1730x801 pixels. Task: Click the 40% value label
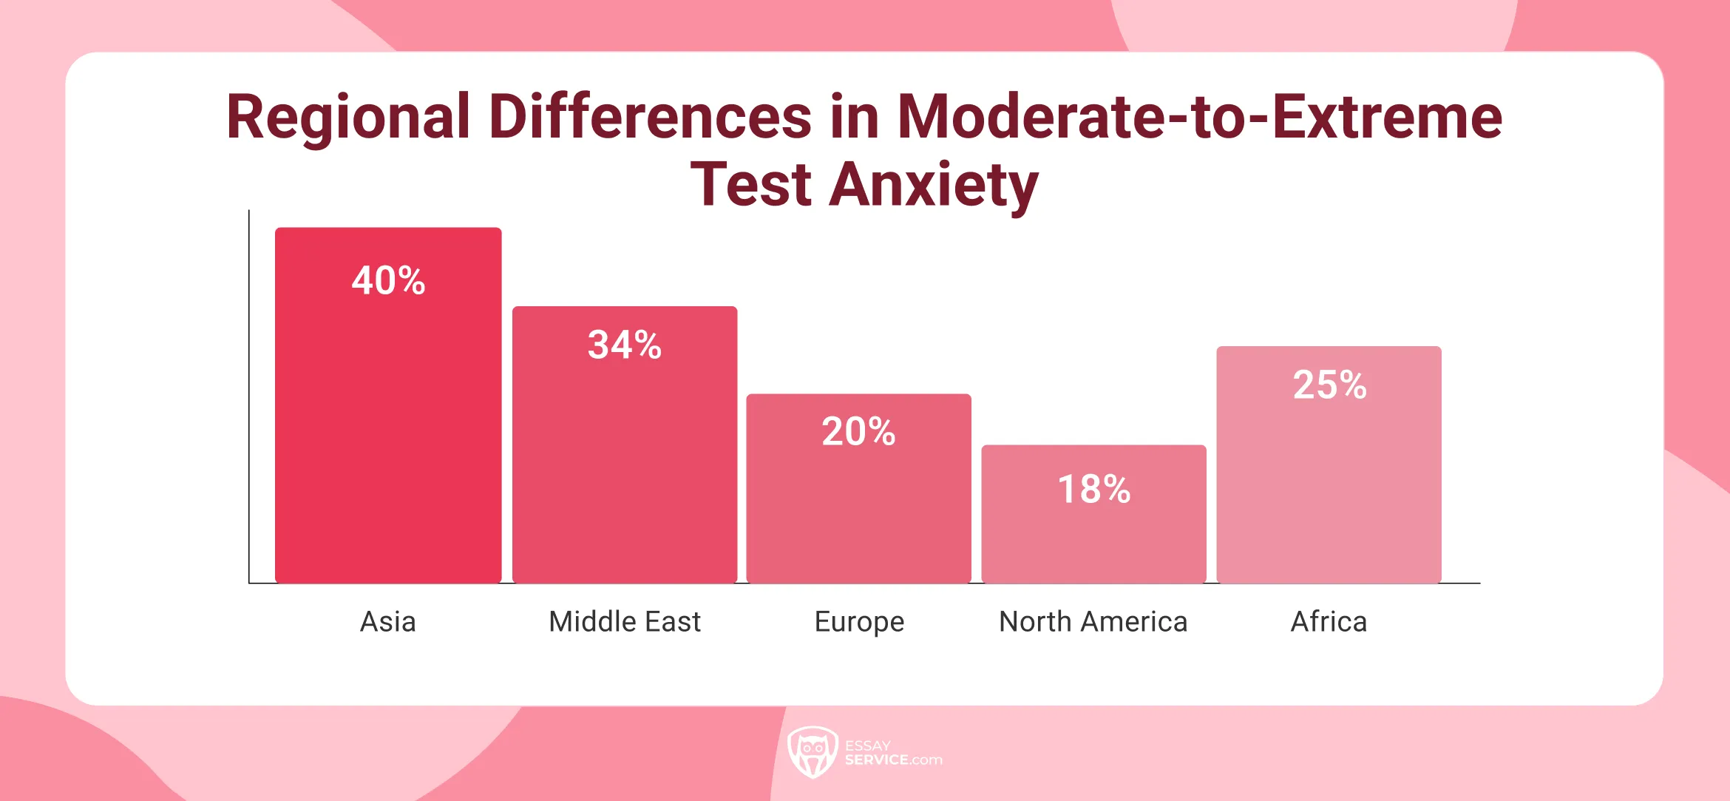coord(388,280)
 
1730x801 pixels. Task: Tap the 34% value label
coord(624,345)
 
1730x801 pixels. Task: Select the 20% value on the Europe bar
coord(858,431)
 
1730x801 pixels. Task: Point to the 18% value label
coord(1093,489)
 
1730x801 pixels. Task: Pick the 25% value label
coord(1329,385)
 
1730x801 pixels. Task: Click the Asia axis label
coord(387,621)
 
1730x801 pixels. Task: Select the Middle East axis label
coord(624,621)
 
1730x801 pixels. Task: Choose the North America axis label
coord(1093,621)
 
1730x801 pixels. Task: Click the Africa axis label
coord(1329,621)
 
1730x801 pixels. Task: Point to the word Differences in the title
coord(650,117)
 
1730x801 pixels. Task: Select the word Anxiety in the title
coord(933,185)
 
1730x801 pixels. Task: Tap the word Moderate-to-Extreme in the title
coord(1199,117)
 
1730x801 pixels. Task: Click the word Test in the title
coord(750,185)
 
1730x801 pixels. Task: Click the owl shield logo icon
coord(812,751)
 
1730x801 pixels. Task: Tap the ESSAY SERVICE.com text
coord(892,753)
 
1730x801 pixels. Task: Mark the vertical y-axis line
coord(249,399)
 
